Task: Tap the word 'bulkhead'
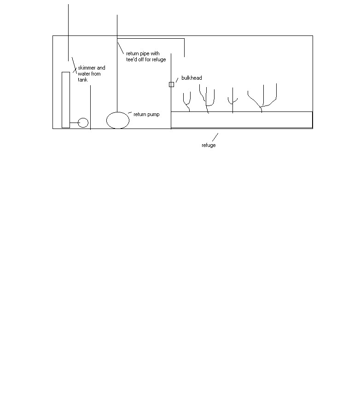pos(192,78)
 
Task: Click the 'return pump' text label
pos(146,115)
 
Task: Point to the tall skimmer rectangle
pos(62,100)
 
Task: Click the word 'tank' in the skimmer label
pos(83,80)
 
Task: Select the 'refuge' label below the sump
pos(209,145)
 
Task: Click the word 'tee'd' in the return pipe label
pos(131,59)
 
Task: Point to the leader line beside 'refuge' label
pos(215,137)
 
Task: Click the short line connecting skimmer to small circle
pos(74,123)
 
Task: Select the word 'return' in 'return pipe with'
pos(133,53)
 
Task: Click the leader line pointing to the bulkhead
pos(177,80)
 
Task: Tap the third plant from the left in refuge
pos(232,100)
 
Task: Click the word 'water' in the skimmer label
pos(84,74)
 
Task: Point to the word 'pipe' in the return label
pos(145,53)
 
